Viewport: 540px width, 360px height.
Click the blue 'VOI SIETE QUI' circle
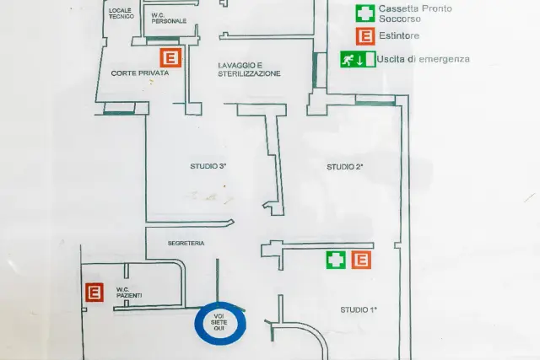pos(220,304)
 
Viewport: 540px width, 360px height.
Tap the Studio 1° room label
pos(359,309)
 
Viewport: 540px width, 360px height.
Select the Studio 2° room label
pos(345,167)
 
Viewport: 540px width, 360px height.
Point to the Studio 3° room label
pos(208,166)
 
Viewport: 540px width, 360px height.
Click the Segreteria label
pos(186,244)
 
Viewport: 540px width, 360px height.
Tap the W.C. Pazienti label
pos(129,293)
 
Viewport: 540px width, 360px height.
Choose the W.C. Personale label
pos(169,19)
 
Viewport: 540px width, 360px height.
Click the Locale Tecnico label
pos(121,13)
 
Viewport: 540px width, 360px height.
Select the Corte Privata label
pos(140,73)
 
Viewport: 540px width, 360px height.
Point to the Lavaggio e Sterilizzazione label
pos(249,69)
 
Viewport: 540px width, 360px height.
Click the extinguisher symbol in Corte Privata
pos(170,57)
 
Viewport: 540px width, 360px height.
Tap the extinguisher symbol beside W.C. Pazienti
pos(94,293)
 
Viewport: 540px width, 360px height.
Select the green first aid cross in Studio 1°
pos(336,260)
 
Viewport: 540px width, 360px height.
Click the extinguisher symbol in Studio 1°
pos(361,260)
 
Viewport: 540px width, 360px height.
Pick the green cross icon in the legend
pos(365,13)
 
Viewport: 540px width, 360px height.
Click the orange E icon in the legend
pos(365,36)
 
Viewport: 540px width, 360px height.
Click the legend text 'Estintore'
pos(399,35)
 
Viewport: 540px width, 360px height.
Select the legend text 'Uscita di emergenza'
pos(423,59)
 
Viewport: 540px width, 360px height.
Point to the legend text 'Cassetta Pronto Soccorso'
pos(415,13)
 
